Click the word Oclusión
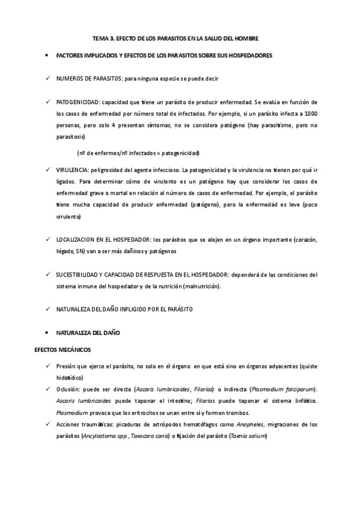(69, 389)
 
